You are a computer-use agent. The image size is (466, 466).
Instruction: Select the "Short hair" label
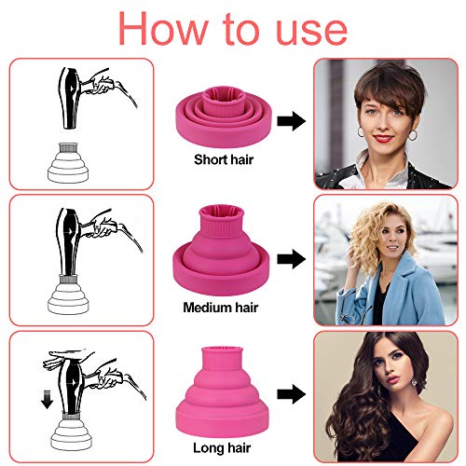click(x=229, y=159)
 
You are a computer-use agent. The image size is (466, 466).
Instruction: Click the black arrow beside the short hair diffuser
click(x=291, y=120)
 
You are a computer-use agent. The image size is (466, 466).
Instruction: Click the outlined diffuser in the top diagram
click(x=67, y=166)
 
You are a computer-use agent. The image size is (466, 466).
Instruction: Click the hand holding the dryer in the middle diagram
click(x=103, y=226)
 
